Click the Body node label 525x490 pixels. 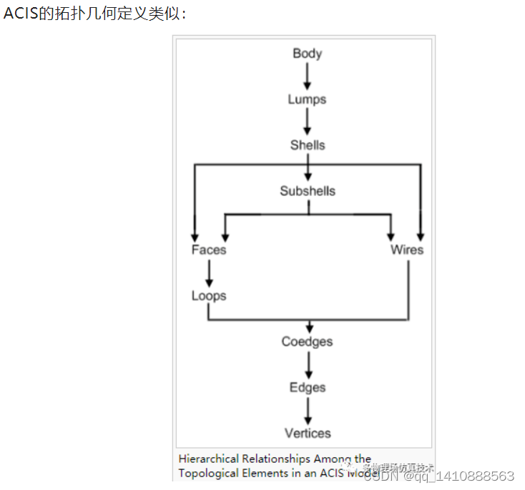308,54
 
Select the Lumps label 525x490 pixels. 307,99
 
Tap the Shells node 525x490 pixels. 308,145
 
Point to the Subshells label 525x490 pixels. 308,191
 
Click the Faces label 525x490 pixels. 209,250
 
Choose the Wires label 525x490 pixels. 407,250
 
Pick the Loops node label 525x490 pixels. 209,295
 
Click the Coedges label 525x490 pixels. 308,341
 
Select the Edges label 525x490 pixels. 308,387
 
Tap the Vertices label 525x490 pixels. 308,433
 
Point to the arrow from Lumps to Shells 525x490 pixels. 308,122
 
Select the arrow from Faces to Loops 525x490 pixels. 209,273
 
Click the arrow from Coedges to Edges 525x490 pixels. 308,364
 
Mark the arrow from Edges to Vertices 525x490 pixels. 308,410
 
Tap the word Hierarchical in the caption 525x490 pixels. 208,459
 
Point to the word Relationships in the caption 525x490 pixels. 275,459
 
